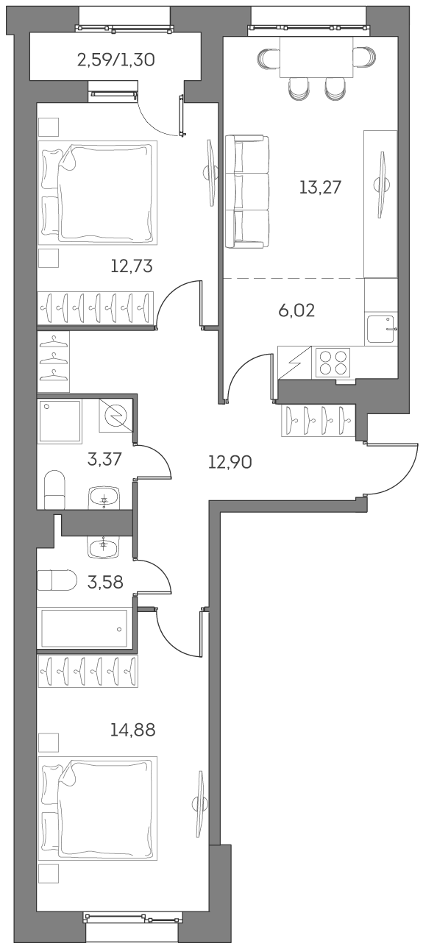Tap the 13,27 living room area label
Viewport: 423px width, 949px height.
tap(321, 187)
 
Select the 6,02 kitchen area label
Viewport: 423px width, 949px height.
tap(296, 310)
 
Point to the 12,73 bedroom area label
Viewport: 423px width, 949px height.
tap(132, 266)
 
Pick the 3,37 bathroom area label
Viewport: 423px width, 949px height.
tap(104, 461)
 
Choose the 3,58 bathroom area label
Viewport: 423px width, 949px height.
tap(104, 584)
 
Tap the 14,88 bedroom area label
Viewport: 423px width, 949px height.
tap(132, 731)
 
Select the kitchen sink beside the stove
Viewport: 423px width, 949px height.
tap(381, 329)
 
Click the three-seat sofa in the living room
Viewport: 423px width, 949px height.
tap(246, 191)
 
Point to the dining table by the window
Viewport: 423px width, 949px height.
tap(317, 57)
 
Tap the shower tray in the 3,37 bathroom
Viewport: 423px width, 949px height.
tap(60, 422)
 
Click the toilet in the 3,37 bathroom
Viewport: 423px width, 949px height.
tap(55, 489)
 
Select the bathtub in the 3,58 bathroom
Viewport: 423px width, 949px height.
tap(86, 628)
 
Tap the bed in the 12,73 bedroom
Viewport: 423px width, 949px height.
tap(99, 193)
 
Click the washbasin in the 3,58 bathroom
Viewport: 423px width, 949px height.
tap(103, 546)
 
